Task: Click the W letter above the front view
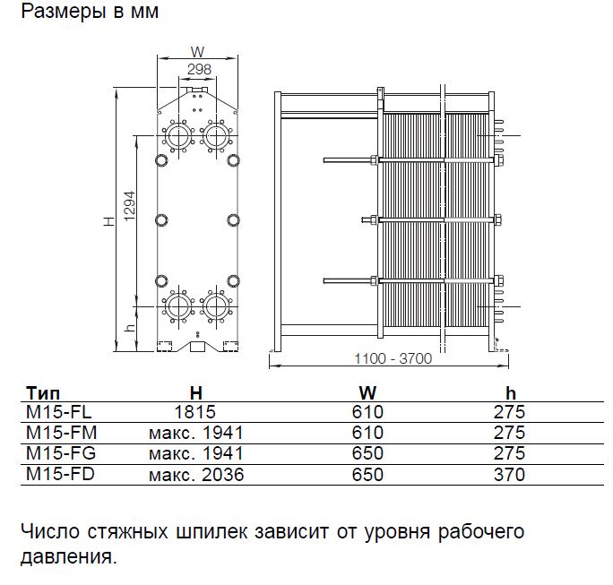click(198, 51)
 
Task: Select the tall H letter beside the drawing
click(108, 219)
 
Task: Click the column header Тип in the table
click(44, 393)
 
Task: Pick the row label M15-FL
click(57, 412)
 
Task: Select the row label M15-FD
click(58, 475)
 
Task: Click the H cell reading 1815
click(196, 412)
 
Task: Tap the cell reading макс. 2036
click(195, 475)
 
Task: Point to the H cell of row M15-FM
click(195, 433)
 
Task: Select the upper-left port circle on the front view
click(177, 136)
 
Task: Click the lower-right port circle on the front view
click(216, 305)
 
